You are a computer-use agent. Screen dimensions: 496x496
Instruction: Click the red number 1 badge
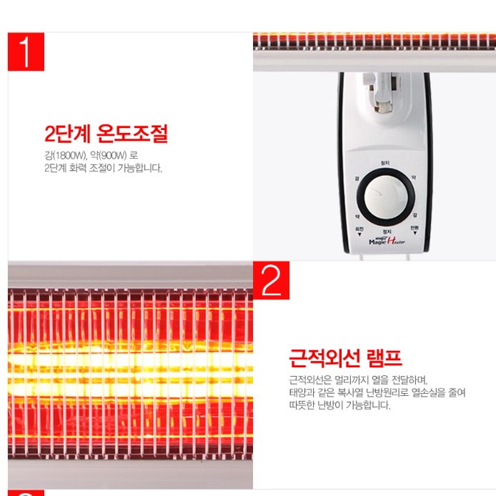pyautogui.click(x=26, y=51)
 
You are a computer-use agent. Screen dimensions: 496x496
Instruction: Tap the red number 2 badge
pyautogui.click(x=271, y=280)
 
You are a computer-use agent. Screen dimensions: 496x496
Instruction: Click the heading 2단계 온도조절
pyautogui.click(x=106, y=134)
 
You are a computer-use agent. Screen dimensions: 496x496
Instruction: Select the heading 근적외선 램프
pyautogui.click(x=344, y=357)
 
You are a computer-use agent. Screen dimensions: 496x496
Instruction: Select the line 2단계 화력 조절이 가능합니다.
pyautogui.click(x=103, y=169)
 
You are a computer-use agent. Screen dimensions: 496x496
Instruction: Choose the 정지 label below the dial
pyautogui.click(x=386, y=232)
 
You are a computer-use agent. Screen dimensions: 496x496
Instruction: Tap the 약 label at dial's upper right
pyautogui.click(x=413, y=177)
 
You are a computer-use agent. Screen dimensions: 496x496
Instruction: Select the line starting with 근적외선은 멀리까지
pyautogui.click(x=357, y=380)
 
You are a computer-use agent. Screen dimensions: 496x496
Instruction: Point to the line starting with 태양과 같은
pyautogui.click(x=377, y=392)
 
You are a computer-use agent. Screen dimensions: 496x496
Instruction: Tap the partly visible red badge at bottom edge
pyautogui.click(x=26, y=492)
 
